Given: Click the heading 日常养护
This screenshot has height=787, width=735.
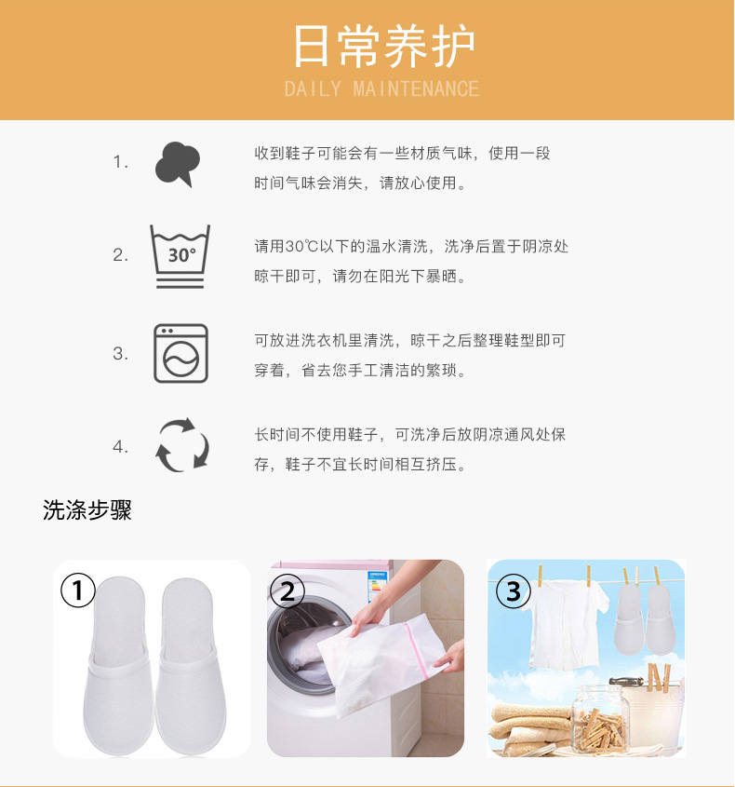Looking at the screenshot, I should (382, 46).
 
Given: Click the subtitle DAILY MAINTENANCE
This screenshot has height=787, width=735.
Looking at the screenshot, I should (381, 89).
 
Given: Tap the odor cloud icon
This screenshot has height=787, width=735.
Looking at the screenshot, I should (178, 164).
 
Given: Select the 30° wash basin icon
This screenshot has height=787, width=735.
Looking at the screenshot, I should (180, 255).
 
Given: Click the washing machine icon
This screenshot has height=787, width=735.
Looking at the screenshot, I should (180, 353).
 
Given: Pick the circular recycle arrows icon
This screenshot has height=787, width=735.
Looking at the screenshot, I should (181, 445).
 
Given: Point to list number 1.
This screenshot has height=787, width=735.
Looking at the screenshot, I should (121, 163).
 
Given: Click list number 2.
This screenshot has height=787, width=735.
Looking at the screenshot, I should (121, 255).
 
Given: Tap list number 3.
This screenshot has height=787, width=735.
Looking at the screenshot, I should (121, 354).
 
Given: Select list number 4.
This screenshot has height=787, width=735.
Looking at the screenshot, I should (121, 447).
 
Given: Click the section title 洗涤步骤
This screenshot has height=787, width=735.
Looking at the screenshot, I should (87, 510).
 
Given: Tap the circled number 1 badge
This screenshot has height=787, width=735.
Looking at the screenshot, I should (78, 590).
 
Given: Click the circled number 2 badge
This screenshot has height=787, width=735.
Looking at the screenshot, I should (287, 590).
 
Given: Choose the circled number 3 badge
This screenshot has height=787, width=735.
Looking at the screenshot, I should (513, 590).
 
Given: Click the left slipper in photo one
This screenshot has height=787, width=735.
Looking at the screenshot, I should (113, 664).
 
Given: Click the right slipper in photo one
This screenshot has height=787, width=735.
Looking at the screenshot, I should (194, 664).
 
